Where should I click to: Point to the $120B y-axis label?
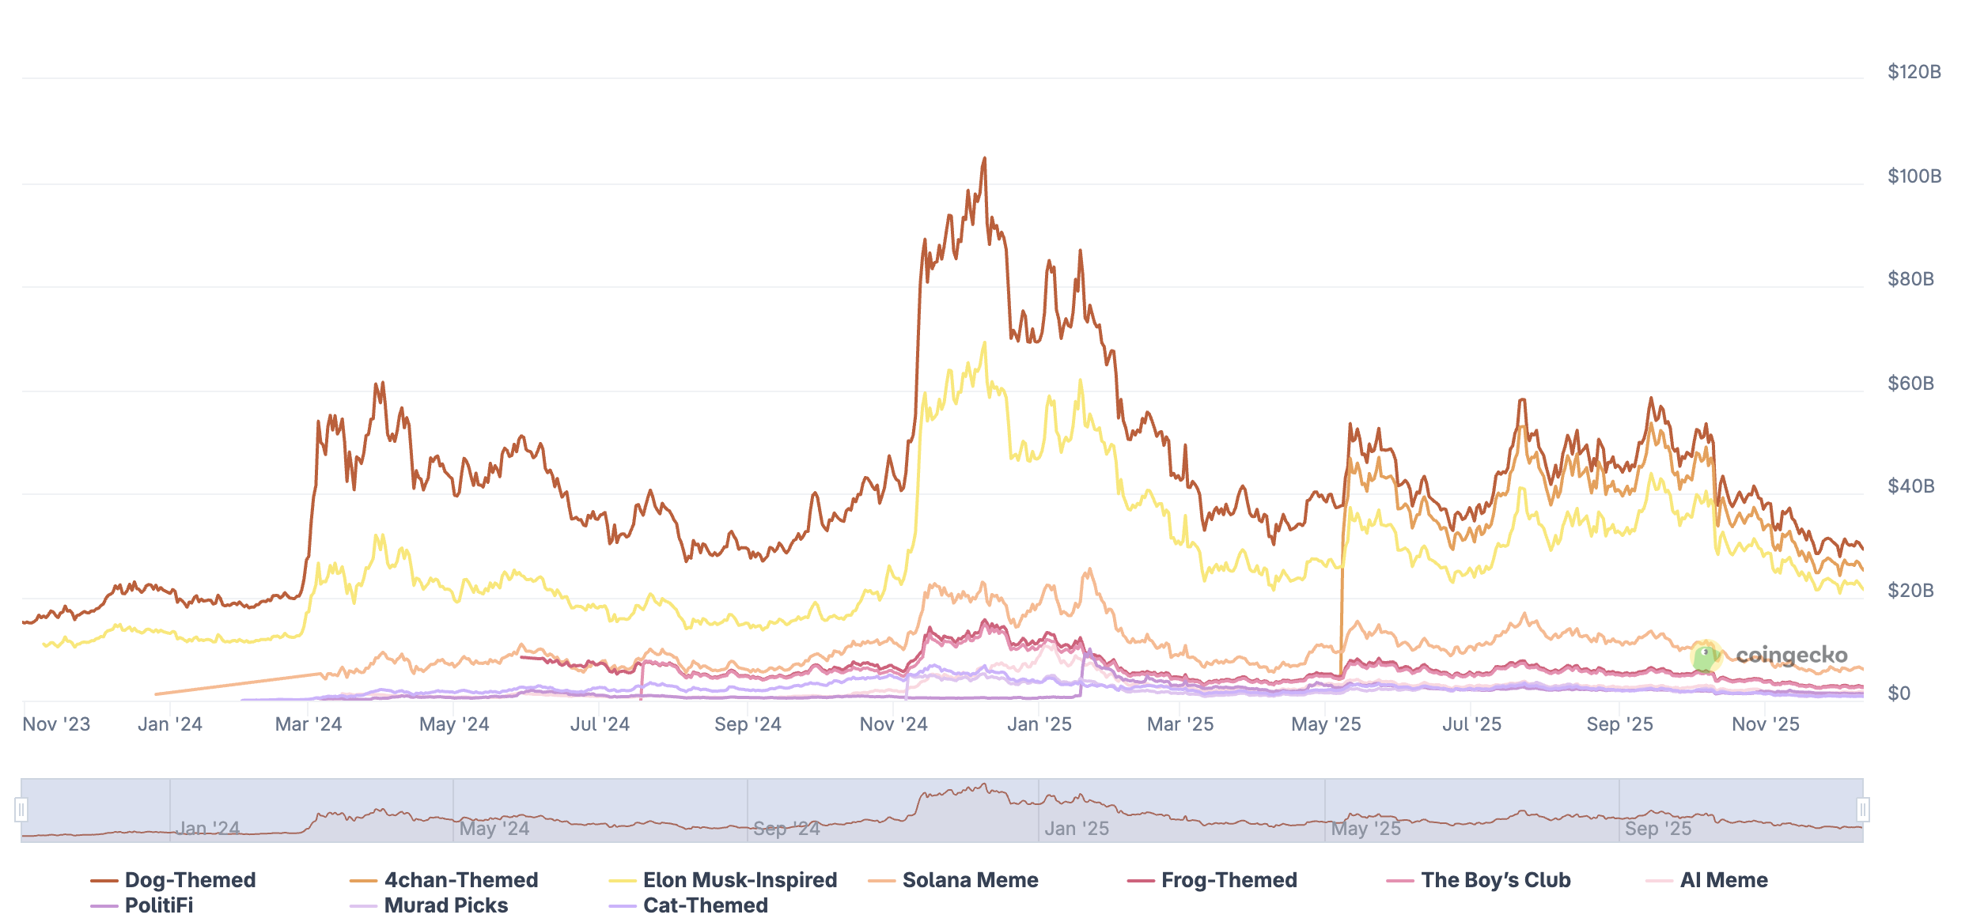(1914, 72)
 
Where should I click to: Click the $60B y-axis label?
(1910, 384)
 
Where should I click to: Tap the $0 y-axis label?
(1899, 693)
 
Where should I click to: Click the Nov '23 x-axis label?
(56, 724)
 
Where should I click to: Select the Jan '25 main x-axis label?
(1039, 724)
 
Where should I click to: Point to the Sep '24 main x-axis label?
(748, 724)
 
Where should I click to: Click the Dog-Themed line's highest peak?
(985, 158)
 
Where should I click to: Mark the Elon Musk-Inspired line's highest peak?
(985, 343)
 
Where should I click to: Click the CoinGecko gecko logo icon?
(1706, 656)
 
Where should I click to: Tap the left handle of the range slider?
(21, 810)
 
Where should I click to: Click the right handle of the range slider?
(1863, 810)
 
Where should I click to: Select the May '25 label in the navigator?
(1365, 829)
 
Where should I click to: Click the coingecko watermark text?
(1791, 656)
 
